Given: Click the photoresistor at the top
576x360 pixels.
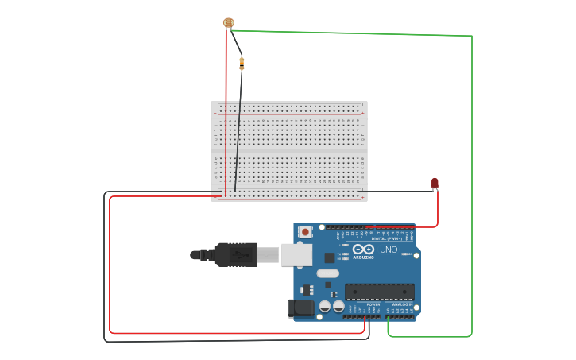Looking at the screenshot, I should [x=229, y=23].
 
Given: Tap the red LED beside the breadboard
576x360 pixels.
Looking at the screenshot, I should [x=435, y=184].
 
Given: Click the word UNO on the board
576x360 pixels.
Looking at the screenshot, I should [x=389, y=250].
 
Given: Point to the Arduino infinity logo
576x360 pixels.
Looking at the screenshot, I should [x=364, y=249].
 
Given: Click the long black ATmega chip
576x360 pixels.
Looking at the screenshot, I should [x=379, y=292].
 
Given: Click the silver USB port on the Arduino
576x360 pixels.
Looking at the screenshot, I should [x=296, y=254].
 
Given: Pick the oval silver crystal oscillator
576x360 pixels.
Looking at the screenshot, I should [x=327, y=273].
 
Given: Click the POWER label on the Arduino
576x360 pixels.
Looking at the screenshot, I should [x=373, y=304].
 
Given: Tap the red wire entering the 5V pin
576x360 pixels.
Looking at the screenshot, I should [x=364, y=321].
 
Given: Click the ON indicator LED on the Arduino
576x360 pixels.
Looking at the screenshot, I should [x=404, y=254].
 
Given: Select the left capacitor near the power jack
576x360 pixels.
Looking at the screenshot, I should [x=325, y=306].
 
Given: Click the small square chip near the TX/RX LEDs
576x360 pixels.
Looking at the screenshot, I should [x=330, y=257].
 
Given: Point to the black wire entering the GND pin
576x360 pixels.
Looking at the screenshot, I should [x=369, y=321].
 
